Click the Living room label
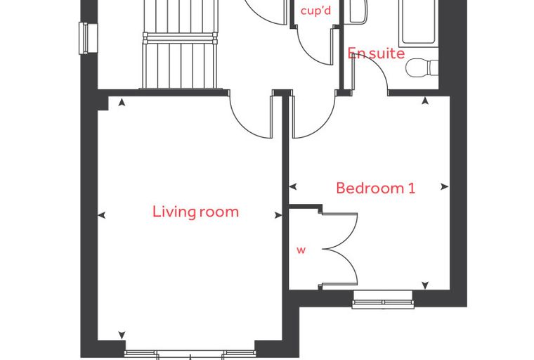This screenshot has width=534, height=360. (x=195, y=212)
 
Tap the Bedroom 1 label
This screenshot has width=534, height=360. (x=376, y=188)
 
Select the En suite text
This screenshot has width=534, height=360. (x=377, y=53)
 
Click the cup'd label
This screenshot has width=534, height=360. (x=315, y=11)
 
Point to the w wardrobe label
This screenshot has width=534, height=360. (x=301, y=250)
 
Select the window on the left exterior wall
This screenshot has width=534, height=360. (x=89, y=38)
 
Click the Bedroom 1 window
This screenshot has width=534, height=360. (x=383, y=300)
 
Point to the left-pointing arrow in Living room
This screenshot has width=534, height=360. (x=101, y=215)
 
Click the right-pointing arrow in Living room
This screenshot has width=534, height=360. (x=278, y=215)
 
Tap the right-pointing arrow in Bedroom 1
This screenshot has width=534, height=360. (x=445, y=186)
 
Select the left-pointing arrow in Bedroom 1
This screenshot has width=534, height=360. (x=293, y=186)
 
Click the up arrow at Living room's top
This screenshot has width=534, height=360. (x=122, y=102)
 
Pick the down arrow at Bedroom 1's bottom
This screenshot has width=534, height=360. (x=425, y=285)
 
